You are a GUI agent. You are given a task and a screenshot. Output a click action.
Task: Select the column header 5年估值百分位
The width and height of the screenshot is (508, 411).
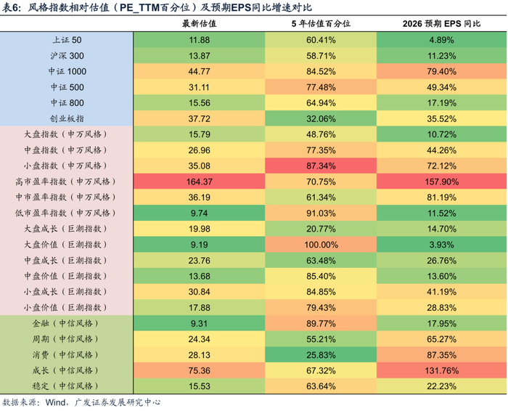coord(321,24)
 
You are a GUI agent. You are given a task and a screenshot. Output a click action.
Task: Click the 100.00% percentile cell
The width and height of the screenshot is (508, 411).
coord(321,245)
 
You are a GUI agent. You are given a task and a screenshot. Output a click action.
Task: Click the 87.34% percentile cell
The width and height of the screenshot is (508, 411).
coord(321,166)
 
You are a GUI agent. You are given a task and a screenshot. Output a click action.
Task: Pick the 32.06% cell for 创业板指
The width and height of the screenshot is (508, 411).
coord(321,118)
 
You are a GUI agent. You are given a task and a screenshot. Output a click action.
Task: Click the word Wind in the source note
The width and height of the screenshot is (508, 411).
coord(57,402)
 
